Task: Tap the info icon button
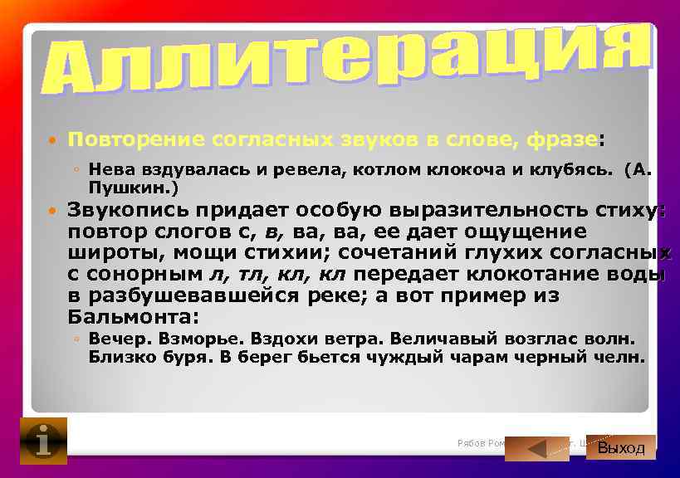click(43, 441)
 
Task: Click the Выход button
click(621, 448)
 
